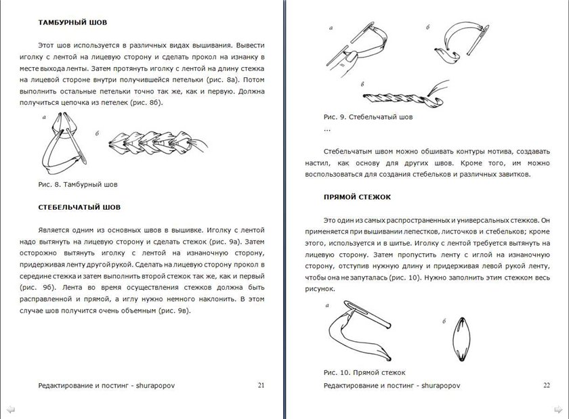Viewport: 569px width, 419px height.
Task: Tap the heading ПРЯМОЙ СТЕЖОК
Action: coord(358,197)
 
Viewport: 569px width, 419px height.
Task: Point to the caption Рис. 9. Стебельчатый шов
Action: coord(368,116)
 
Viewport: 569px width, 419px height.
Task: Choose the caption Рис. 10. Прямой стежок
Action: coord(364,372)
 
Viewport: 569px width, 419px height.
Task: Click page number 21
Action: coord(261,385)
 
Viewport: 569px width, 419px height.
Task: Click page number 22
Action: coord(547,385)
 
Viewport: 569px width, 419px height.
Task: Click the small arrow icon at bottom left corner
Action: coord(9,410)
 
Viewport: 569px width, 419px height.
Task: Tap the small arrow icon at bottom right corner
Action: coord(560,410)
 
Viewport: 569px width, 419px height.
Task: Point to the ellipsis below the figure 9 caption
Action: coord(328,129)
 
